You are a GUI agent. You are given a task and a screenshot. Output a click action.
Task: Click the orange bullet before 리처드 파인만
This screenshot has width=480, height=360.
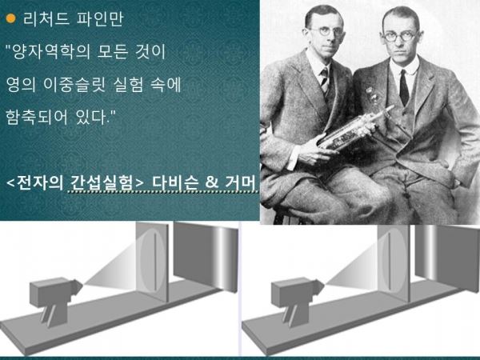point(10,18)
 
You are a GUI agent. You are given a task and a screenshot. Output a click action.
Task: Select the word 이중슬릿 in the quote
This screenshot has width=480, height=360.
point(74,85)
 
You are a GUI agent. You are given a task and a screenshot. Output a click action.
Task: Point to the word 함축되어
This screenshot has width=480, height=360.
point(37,117)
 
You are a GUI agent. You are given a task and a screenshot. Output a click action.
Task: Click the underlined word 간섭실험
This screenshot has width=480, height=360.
point(100,182)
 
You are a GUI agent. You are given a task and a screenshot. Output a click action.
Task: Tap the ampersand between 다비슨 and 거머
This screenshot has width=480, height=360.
point(212,182)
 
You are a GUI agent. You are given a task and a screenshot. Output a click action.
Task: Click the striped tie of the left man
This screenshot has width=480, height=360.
point(325,80)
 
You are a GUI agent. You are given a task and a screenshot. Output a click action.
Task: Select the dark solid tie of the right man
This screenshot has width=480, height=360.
point(404,88)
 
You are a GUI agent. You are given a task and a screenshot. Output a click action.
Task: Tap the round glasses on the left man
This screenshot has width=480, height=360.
point(325,31)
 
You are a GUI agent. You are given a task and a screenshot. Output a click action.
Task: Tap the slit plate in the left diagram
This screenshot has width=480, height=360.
point(152,262)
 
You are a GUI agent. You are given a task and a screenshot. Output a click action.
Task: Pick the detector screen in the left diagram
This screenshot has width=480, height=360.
point(206,257)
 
